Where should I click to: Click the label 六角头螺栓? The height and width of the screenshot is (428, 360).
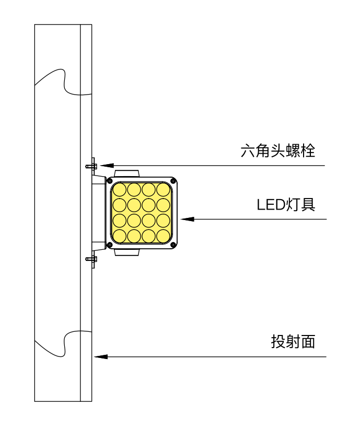pyautogui.click(x=278, y=152)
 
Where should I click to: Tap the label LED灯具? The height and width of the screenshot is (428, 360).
pyautogui.click(x=286, y=204)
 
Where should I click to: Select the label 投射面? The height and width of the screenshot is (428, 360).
pyautogui.click(x=293, y=342)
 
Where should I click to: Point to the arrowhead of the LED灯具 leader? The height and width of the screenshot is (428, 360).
pyautogui.click(x=185, y=219)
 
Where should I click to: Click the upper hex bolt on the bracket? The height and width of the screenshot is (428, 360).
pyautogui.click(x=91, y=166)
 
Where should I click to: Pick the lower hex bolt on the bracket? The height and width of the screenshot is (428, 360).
pyautogui.click(x=91, y=258)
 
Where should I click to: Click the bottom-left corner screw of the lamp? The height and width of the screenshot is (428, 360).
pyautogui.click(x=110, y=245)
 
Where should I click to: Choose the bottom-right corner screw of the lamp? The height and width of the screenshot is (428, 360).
pyautogui.click(x=173, y=245)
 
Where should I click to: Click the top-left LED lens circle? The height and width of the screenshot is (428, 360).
pyautogui.click(x=120, y=189)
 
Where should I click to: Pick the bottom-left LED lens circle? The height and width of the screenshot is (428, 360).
pyautogui.click(x=120, y=236)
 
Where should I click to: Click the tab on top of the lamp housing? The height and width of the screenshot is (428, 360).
pyautogui.click(x=127, y=173)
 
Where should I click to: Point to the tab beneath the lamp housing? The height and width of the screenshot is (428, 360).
pyautogui.click(x=127, y=252)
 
